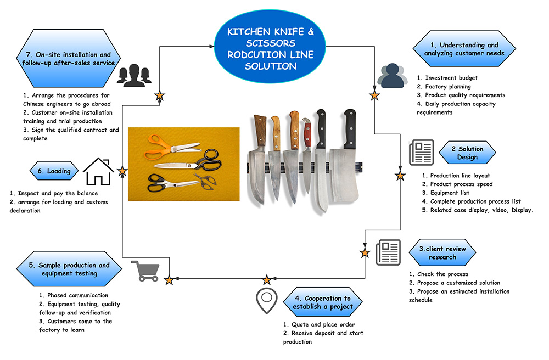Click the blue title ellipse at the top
coord(270,47)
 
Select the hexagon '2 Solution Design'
coord(467,153)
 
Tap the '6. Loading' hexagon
coord(54,171)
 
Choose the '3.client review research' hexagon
coord(442,252)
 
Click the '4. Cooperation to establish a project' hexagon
coord(323,302)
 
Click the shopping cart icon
coord(145,271)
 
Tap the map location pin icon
coord(266,300)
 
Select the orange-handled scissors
coord(171,147)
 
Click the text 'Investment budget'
coord(451,78)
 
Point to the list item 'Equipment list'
coord(450,193)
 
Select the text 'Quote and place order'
coord(323,325)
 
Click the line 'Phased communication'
coord(78,295)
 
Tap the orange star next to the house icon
coord(122,171)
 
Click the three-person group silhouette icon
coord(134,75)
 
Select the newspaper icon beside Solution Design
coord(422,153)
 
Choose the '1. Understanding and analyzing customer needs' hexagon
coord(464,49)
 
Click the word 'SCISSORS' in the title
coord(270,43)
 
